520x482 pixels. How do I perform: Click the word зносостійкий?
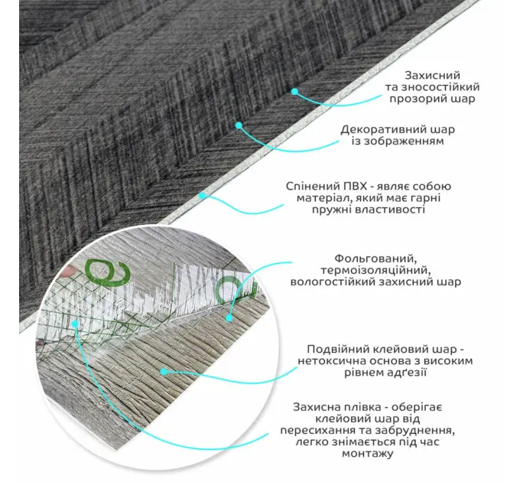coord(440,87)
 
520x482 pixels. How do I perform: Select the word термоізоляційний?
coord(375,270)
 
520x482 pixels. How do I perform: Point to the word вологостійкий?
coord(336,282)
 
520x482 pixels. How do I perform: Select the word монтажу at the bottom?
coord(368,454)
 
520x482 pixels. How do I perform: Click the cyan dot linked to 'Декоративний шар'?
coord(239,125)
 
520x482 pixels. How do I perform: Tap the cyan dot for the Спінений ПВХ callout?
coord(202,195)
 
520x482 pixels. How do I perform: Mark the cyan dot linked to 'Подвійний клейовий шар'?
coord(163,372)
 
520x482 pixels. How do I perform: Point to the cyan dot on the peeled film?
coord(76,324)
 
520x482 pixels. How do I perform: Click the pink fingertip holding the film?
coord(69,271)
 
